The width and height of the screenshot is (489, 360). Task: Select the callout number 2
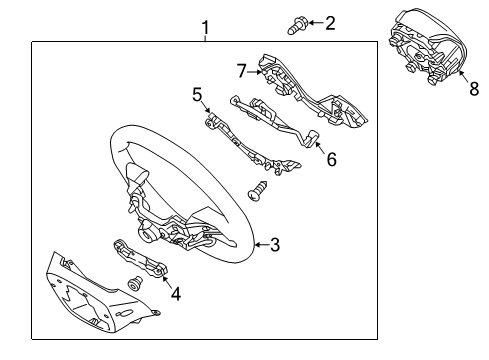330,22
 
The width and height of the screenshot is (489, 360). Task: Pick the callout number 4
176,294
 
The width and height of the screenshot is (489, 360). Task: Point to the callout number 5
198,95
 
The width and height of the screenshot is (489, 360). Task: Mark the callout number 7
241,70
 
